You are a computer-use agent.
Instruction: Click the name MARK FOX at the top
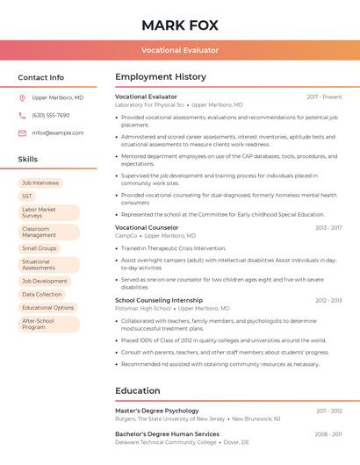click(180, 25)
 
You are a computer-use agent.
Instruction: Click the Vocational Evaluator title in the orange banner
click(180, 50)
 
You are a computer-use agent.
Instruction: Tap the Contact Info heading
click(41, 77)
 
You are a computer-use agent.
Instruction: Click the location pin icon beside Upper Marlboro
click(22, 98)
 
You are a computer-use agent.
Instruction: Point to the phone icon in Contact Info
click(22, 116)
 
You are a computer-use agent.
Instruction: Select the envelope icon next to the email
click(22, 133)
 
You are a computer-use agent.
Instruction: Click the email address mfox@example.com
click(51, 133)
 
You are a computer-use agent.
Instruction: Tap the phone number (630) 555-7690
click(50, 116)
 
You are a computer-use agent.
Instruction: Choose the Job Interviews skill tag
click(40, 182)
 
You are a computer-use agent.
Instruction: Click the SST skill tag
click(27, 197)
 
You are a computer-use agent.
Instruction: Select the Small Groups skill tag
click(40, 248)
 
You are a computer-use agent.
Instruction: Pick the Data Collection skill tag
click(42, 295)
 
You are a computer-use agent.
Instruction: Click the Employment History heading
click(161, 77)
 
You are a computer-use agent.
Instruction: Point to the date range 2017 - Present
click(324, 97)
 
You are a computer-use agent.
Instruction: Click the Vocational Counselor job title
click(147, 228)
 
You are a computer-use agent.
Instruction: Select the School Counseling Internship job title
click(159, 300)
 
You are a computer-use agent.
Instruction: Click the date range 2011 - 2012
click(329, 411)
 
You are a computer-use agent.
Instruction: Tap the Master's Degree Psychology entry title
click(157, 411)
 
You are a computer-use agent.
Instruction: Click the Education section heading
click(138, 391)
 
